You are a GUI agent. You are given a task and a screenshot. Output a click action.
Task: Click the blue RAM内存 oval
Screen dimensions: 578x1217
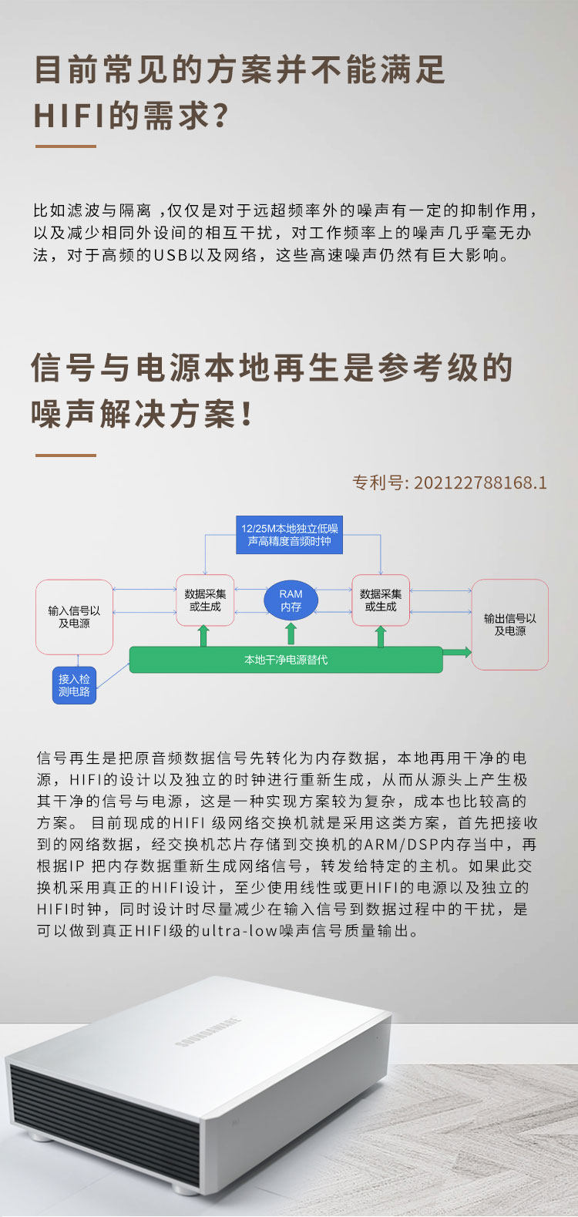(x=291, y=600)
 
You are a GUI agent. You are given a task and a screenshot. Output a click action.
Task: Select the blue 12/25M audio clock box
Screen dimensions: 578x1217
(x=289, y=535)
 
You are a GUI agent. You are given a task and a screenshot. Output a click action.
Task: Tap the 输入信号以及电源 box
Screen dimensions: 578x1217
(x=74, y=617)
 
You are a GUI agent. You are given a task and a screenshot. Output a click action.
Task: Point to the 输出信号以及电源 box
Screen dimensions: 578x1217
(x=509, y=624)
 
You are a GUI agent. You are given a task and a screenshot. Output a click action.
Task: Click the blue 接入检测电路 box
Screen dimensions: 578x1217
(x=74, y=685)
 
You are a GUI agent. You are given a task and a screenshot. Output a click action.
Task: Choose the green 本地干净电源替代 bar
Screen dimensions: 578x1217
(x=285, y=660)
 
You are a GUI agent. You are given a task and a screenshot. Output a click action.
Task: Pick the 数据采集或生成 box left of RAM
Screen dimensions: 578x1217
(x=205, y=600)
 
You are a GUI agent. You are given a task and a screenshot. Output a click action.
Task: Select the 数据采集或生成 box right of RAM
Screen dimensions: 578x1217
(x=381, y=600)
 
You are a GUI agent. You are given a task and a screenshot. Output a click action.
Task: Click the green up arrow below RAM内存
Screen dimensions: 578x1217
(x=291, y=634)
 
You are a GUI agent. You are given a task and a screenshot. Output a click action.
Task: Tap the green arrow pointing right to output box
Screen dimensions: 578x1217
(x=457, y=653)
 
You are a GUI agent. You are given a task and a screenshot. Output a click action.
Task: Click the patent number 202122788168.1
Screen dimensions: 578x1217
(x=480, y=483)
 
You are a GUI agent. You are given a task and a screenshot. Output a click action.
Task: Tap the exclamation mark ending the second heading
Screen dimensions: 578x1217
(x=247, y=415)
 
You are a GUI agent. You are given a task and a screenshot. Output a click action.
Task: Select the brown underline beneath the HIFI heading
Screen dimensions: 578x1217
(x=66, y=146)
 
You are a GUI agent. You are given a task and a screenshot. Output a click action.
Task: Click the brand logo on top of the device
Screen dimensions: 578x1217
(x=208, y=1032)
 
